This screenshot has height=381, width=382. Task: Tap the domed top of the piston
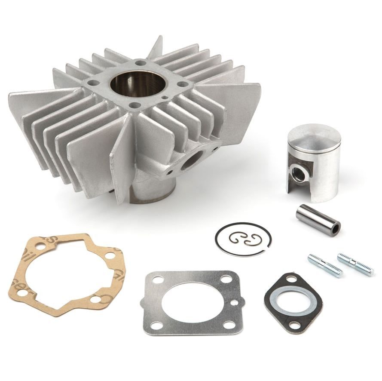coord(314,136)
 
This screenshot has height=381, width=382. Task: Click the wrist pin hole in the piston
coord(297,172)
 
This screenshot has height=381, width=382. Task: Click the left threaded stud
coord(325,265)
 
